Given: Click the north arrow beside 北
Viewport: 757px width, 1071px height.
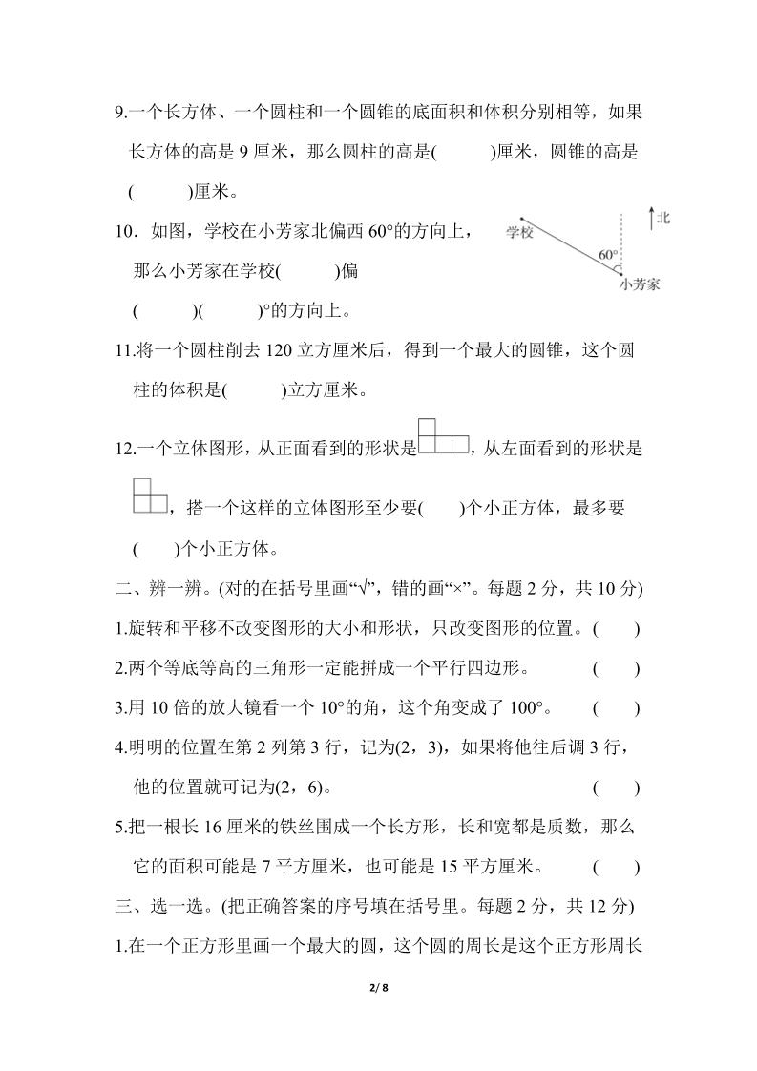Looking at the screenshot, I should coord(650,219).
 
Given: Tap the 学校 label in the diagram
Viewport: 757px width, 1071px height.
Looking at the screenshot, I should coord(519,232).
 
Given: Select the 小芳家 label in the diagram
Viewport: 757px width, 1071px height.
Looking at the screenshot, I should coord(640,284).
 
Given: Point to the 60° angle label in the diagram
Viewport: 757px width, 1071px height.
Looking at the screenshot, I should coord(608,255).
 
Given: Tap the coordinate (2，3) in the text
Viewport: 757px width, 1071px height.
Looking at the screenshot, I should coord(411,747).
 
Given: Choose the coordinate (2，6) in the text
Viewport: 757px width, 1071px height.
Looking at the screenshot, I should coord(304,787).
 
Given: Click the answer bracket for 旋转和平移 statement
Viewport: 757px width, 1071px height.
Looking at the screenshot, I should coord(616,628).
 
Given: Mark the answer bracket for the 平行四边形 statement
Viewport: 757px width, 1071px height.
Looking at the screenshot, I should coord(616,668).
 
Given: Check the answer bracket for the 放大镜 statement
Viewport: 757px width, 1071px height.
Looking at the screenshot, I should coord(616,708).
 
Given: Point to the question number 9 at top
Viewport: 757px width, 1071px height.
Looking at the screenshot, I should coord(119,112).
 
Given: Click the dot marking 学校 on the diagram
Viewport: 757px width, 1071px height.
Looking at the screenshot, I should coord(522,219).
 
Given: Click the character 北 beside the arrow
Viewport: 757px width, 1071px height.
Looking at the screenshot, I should coord(663,219).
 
